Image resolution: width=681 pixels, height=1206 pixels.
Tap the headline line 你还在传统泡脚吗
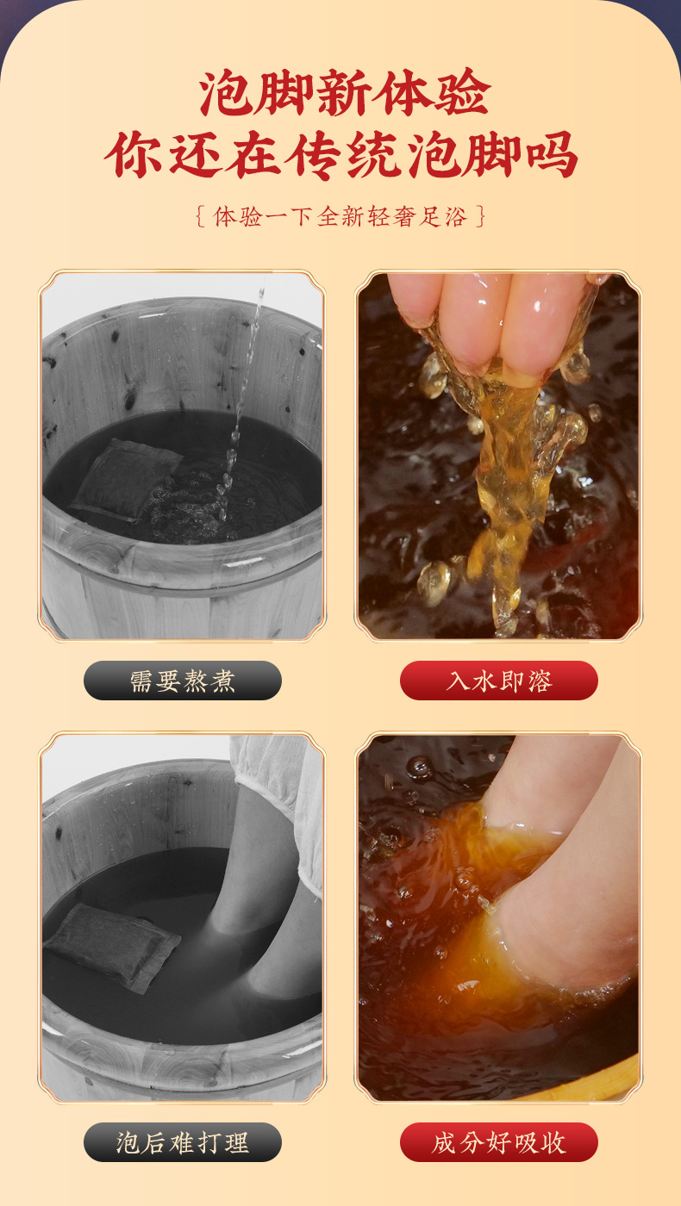(x=340, y=155)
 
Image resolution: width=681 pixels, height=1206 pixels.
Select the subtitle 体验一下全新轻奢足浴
(x=340, y=215)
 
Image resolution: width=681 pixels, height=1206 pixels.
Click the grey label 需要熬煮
(x=183, y=681)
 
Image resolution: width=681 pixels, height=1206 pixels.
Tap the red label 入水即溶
(x=498, y=681)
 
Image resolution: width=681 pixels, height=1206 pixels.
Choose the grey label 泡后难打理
(x=183, y=1142)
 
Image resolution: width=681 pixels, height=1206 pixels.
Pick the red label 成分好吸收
(x=498, y=1142)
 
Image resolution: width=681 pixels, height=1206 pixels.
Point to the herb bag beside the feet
(x=112, y=946)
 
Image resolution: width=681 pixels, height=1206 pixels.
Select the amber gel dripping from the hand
(x=509, y=482)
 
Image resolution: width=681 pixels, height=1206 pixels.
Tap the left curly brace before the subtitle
(x=200, y=215)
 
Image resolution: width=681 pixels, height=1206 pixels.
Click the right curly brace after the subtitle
(x=481, y=215)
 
